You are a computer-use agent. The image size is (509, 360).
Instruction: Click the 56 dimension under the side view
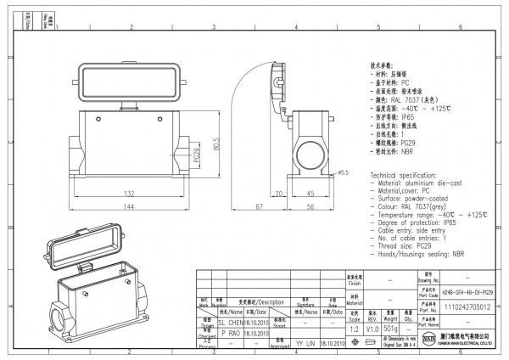(312, 207)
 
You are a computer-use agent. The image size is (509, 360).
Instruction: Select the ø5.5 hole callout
(344, 173)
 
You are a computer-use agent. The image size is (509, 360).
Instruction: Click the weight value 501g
(391, 327)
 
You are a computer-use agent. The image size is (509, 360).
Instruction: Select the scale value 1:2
(354, 327)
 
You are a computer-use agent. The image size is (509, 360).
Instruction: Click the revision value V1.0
(372, 327)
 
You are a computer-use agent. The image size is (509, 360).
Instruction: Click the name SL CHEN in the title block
(230, 323)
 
